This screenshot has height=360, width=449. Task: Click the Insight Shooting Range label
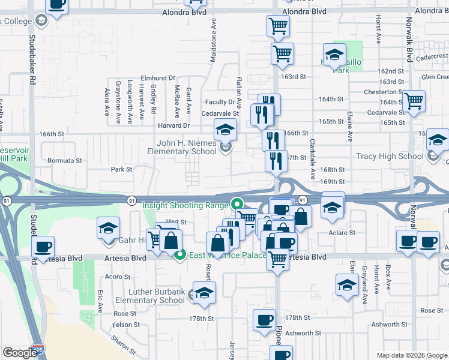point(185,205)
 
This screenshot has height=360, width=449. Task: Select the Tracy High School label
point(390,156)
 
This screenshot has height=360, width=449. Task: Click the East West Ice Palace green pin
point(179,256)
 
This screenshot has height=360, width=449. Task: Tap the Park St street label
point(121,169)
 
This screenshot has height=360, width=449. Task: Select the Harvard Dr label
point(174,125)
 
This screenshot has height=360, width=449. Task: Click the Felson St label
point(125,325)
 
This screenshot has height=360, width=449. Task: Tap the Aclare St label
point(342,232)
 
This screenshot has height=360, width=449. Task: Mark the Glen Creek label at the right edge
point(435,77)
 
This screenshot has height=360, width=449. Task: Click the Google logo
point(20,353)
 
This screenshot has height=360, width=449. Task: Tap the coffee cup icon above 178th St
point(264,319)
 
